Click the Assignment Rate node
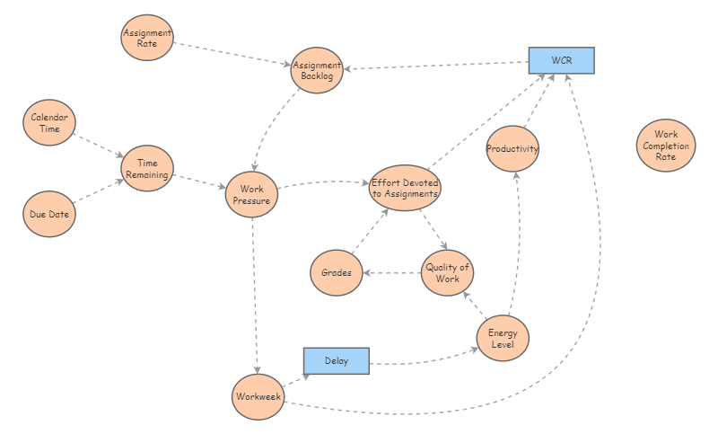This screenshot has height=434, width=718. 147,39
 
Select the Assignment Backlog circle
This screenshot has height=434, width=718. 317,70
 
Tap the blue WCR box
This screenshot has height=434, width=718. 561,60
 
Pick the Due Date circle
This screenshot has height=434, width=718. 48,214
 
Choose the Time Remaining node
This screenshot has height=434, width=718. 147,168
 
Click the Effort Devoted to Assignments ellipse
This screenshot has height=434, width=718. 405,188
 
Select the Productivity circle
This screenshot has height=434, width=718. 512,148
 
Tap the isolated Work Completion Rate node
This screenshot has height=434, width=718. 666,146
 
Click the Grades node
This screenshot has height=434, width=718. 337,272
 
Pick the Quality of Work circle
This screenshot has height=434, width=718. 447,273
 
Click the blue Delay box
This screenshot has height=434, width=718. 337,361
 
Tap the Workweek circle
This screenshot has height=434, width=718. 258,396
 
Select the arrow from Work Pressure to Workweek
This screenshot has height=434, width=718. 255,297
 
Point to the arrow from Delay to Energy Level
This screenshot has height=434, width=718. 422,362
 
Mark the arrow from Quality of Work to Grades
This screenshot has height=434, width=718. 392,272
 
